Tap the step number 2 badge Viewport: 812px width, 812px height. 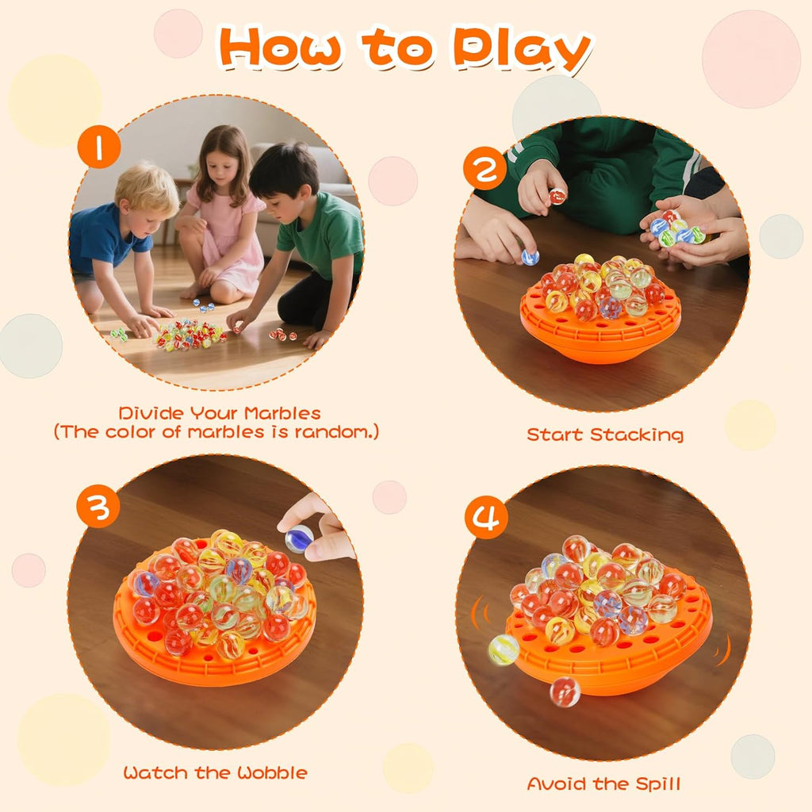pos(485,169)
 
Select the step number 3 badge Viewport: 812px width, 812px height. pos(98,507)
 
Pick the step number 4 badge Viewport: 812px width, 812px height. pos(485,518)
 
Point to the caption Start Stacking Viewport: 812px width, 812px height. pos(605,435)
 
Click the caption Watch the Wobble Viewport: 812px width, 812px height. pos(215,772)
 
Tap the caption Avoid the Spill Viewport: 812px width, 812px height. pos(604,784)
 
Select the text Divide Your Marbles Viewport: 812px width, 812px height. pos(220,413)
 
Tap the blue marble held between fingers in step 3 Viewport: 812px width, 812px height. pos(299,538)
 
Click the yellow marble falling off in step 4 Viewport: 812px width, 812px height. pos(504,649)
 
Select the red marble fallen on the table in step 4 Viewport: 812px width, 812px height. pos(565,691)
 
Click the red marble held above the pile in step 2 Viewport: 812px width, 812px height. pos(557,196)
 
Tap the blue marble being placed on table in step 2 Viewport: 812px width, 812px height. pos(530,257)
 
